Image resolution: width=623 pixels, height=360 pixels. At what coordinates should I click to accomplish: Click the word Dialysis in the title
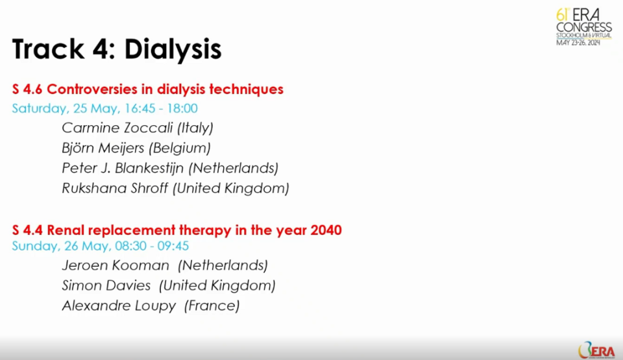coord(173,50)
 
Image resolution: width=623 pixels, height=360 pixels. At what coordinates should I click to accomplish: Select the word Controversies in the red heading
coord(100,89)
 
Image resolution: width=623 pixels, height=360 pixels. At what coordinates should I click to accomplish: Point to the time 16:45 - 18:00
coord(161,108)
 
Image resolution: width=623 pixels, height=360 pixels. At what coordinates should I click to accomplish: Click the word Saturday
coord(39,108)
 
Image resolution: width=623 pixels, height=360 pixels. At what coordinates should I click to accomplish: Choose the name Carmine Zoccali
coord(117,128)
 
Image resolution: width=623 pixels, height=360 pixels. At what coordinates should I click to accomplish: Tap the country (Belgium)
coord(180,148)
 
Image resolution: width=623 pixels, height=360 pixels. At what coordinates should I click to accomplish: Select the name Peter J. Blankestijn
coord(123,168)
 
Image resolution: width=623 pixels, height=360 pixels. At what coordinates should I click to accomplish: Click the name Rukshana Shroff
coord(115,188)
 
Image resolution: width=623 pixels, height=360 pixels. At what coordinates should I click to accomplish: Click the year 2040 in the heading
coord(326,230)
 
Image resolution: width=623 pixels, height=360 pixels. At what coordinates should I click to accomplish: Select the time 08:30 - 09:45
coord(152,246)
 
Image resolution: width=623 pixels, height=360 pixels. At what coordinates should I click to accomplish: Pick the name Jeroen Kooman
coord(116,265)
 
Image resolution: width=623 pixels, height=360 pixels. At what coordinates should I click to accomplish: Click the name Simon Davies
coord(106,285)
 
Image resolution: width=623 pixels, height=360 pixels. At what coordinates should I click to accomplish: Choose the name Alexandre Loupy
coord(119,306)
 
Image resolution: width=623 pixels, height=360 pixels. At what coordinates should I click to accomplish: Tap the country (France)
coord(212,306)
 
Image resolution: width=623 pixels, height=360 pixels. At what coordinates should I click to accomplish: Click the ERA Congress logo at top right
coord(583,27)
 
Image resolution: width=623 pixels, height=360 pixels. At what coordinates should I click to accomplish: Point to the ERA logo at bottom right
coord(596,350)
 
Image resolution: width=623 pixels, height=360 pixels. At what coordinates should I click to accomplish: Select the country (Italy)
coord(195,128)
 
